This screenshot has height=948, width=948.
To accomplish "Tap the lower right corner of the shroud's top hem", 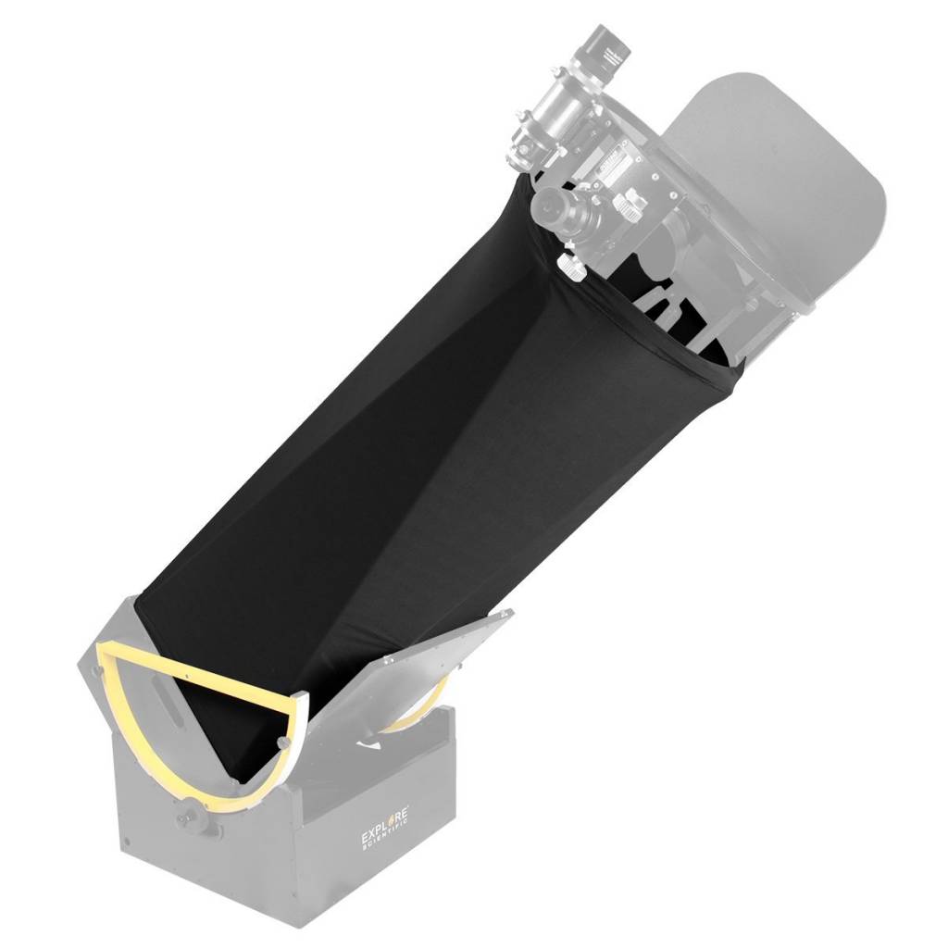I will pos(736,370).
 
